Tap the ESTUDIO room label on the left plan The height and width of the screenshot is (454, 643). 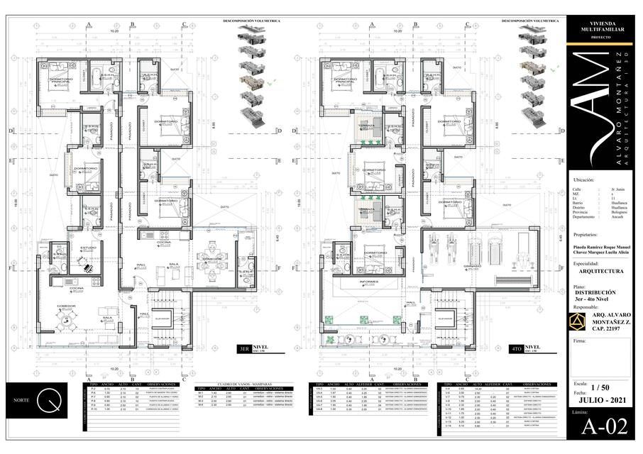click(87, 248)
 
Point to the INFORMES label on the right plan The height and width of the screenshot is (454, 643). click(369, 282)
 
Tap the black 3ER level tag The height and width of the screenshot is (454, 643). click(250, 348)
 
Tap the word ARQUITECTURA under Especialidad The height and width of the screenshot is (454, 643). click(601, 271)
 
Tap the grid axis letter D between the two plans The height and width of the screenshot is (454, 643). click(279, 131)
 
